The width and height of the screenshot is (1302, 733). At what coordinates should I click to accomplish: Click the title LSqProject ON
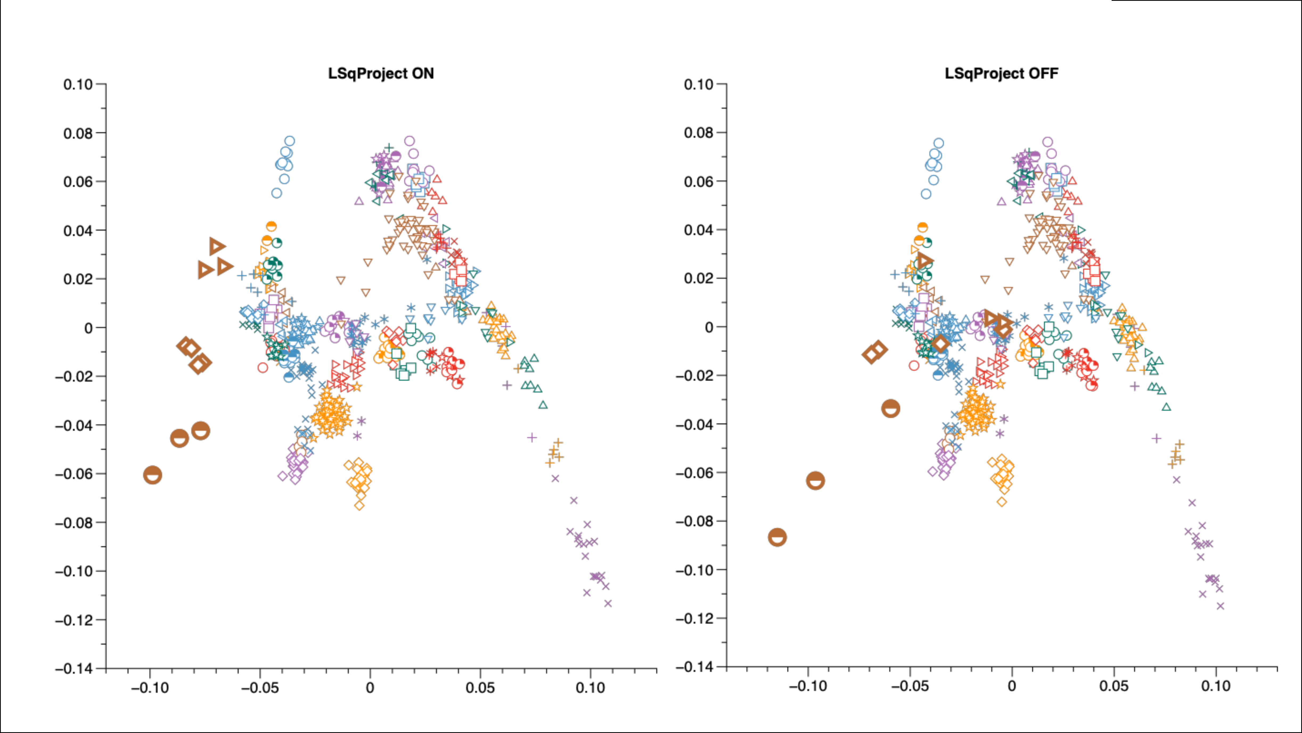(380, 74)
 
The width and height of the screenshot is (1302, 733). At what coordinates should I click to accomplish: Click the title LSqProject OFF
(1001, 74)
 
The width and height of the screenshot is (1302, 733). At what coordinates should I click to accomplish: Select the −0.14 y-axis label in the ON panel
(74, 668)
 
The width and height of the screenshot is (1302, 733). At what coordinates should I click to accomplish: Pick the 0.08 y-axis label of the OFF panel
(698, 133)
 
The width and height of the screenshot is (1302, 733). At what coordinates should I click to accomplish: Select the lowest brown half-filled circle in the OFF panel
(777, 537)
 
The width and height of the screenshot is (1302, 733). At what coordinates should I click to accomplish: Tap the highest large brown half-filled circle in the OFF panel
(891, 408)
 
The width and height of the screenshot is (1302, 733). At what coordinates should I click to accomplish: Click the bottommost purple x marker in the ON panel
(608, 603)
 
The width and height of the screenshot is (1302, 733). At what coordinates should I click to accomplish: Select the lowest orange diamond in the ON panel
(359, 505)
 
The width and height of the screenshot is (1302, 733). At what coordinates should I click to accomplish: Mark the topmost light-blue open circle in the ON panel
(290, 141)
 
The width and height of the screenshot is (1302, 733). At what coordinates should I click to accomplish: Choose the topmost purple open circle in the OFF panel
(1048, 142)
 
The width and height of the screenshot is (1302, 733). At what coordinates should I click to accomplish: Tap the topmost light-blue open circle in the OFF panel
(939, 143)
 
